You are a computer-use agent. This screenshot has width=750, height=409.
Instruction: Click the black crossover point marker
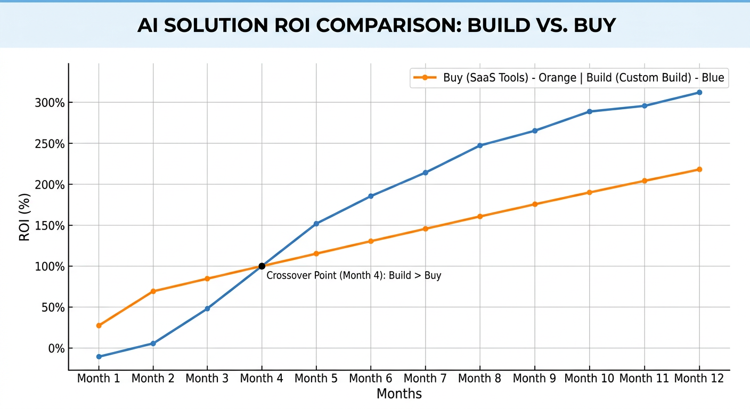262,266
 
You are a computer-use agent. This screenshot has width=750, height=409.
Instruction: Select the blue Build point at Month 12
699,93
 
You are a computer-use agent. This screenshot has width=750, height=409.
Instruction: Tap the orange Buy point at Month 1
99,325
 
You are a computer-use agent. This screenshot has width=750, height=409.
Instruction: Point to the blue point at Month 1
99,357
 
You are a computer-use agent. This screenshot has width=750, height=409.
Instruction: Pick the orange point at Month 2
153,291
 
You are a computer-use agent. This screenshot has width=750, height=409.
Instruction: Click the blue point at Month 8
480,145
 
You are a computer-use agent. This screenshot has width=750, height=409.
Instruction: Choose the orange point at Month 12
699,169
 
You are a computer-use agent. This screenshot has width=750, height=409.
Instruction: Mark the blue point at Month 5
316,224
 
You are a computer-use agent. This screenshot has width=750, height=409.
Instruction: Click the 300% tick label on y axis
50,103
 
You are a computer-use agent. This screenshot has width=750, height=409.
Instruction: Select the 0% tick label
56,348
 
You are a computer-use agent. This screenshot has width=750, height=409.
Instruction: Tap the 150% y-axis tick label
50,226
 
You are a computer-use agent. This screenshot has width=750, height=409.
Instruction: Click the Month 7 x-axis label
425,379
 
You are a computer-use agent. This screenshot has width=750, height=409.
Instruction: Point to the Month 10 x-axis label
589,379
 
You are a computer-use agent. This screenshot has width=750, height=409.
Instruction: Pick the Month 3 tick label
207,379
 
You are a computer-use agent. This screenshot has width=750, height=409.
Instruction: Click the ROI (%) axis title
25,217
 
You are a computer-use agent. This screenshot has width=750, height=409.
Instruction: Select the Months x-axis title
399,394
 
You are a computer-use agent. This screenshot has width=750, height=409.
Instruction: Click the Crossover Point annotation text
354,276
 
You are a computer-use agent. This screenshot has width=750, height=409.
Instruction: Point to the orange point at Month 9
535,204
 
